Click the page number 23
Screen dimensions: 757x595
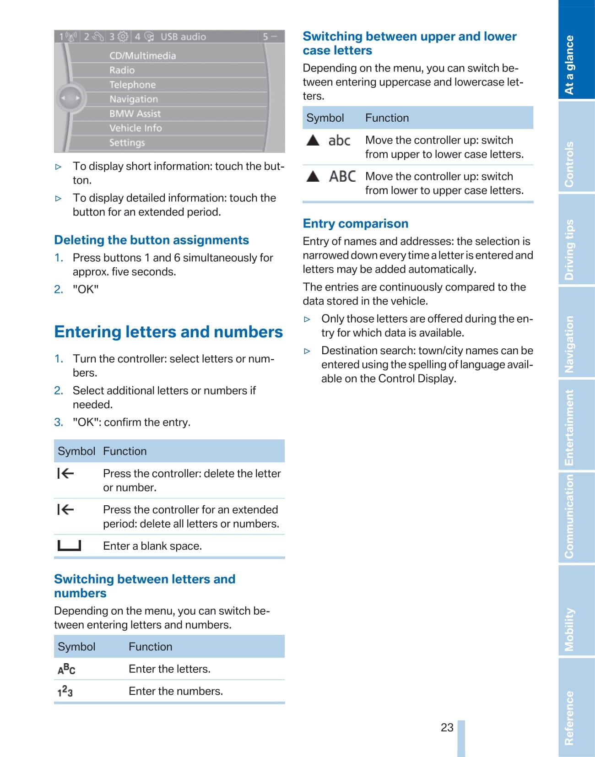tap(447, 727)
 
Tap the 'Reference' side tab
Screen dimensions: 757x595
tap(569, 718)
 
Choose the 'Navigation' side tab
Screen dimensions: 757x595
tap(569, 344)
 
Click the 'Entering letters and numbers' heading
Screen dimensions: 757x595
tap(168, 332)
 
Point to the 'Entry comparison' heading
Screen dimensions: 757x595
tap(356, 223)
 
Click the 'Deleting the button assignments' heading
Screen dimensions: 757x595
tap(151, 240)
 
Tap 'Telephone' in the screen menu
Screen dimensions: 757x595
tap(133, 85)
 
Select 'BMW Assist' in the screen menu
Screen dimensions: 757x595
tap(135, 114)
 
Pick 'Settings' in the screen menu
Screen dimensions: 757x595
tap(127, 142)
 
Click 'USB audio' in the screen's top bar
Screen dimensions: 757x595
tap(183, 37)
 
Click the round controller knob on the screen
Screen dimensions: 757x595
tap(70, 98)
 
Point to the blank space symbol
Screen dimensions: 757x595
tap(69, 546)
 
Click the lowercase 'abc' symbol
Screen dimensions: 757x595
tap(339, 141)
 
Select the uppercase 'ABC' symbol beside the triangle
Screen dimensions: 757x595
tap(342, 177)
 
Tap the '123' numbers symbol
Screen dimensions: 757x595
tap(65, 691)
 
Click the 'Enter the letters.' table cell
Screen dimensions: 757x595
tap(169, 669)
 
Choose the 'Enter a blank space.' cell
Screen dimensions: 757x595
tap(152, 546)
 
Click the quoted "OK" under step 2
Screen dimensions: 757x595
tap(86, 289)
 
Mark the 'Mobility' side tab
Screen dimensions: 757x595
tap(569, 629)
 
